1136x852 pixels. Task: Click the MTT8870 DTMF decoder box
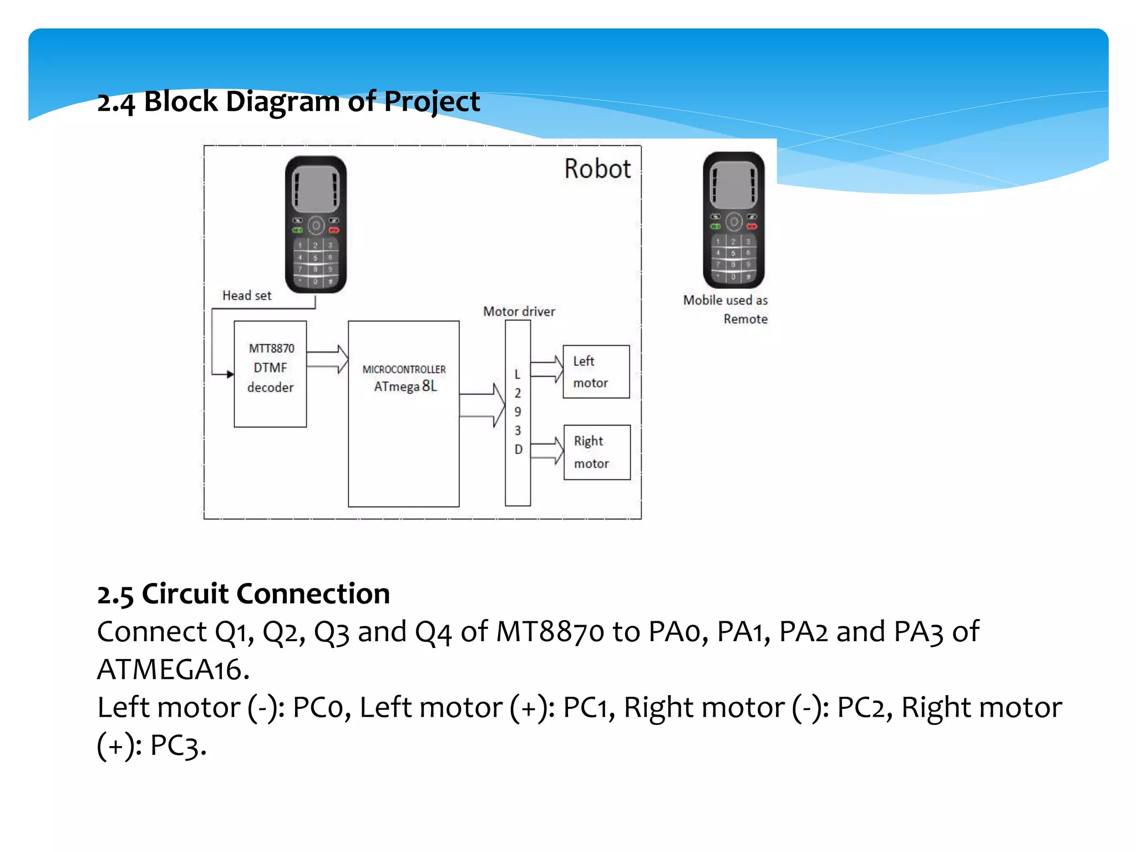tap(270, 373)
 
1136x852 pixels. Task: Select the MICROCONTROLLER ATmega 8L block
tap(403, 413)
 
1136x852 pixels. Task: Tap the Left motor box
tap(596, 372)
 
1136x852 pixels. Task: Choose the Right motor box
tap(597, 452)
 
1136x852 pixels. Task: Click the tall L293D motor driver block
tap(518, 413)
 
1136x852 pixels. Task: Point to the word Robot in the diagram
tap(597, 169)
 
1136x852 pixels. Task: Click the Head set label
tap(247, 296)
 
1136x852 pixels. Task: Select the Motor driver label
tap(519, 312)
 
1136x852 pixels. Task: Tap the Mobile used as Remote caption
tap(726, 309)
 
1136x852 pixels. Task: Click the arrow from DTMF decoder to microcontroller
tap(327, 359)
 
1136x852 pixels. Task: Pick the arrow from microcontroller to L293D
tap(482, 405)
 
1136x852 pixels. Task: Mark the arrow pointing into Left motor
tap(547, 369)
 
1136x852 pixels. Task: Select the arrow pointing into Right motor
tap(547, 450)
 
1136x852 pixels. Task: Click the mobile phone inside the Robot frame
tap(316, 225)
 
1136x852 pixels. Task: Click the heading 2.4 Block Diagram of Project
tap(288, 102)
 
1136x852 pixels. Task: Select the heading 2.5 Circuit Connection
tap(244, 594)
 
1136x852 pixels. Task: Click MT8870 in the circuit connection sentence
tap(550, 632)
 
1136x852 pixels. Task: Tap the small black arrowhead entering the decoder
tap(230, 374)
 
